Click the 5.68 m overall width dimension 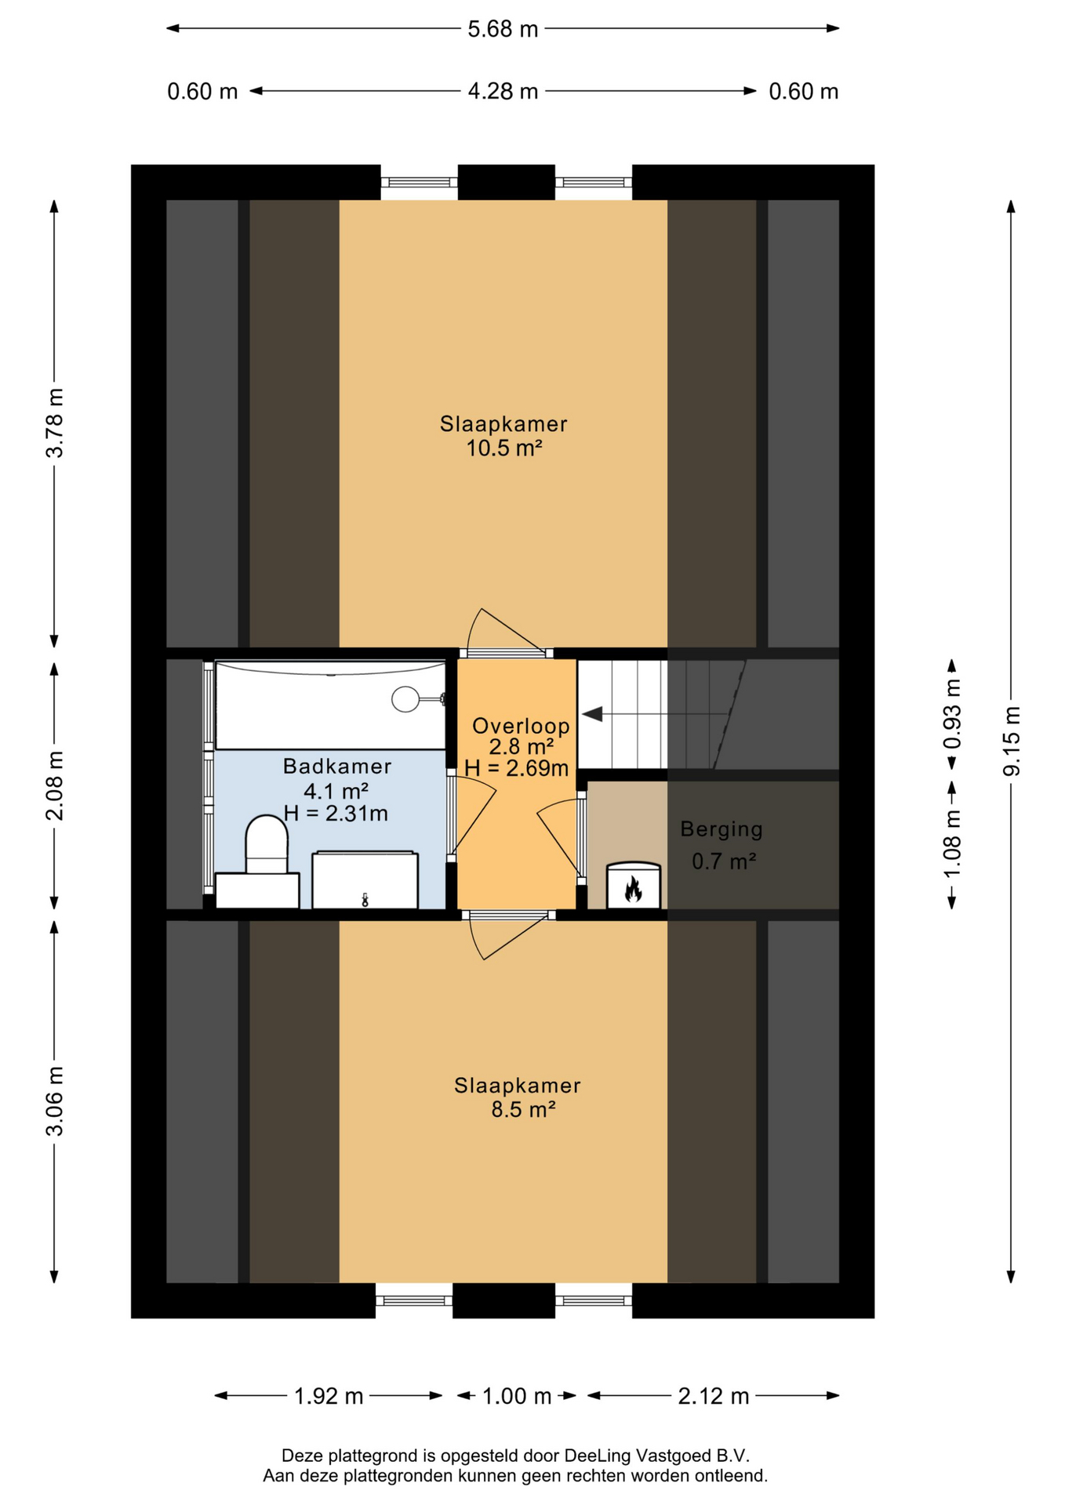pos(503,29)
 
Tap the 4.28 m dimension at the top pos(503,92)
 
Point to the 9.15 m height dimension pos(1012,741)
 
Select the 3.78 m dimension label pos(54,422)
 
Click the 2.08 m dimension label pos(54,785)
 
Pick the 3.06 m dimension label pos(54,1101)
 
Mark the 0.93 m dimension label pos(952,714)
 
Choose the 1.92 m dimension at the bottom pos(329,1396)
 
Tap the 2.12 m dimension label pos(714,1396)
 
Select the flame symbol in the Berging pos(633,889)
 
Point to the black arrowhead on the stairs pos(592,714)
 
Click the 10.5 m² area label pos(504,448)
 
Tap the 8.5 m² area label pos(523,1110)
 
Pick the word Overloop pos(521,726)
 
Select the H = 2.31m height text pos(336,814)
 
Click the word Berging pos(722,829)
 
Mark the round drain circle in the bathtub pos(405,698)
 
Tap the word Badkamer pos(337,767)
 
